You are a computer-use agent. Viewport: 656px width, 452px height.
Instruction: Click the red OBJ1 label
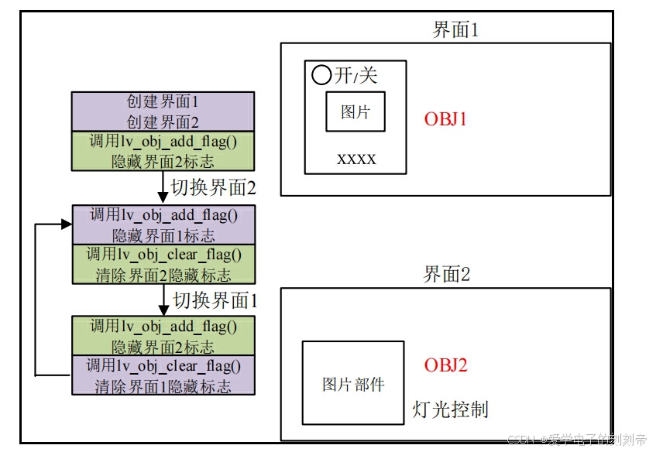coord(446,119)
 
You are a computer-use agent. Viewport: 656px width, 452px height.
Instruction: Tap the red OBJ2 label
coord(446,365)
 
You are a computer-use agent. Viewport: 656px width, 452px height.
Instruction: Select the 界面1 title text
coord(456,30)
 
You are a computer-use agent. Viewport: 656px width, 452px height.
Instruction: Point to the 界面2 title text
coord(447,274)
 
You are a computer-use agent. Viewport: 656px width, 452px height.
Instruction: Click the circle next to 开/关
coord(321,75)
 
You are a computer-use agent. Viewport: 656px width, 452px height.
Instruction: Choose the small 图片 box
coord(355,111)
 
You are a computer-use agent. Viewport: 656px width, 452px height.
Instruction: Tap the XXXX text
coord(356,159)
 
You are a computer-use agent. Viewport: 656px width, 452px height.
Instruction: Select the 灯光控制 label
coord(451,409)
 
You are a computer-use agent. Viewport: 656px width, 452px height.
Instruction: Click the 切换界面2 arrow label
coord(213,187)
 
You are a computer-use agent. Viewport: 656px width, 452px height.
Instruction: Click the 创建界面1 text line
coord(163,101)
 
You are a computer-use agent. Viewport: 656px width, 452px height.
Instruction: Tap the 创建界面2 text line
coord(163,122)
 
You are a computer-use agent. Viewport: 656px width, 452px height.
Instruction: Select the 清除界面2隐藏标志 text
coord(163,275)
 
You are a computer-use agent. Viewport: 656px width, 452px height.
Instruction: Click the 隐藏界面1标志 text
coord(163,235)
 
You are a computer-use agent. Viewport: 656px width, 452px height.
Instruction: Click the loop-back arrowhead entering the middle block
coord(65,224)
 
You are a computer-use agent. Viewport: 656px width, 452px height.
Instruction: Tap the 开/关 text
coord(356,75)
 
